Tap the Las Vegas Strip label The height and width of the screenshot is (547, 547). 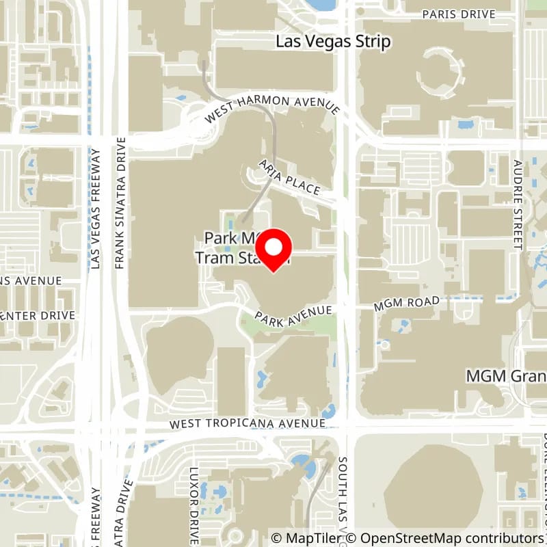tap(333, 42)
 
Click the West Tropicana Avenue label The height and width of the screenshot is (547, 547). tap(248, 424)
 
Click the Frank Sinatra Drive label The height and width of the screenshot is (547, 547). tap(121, 202)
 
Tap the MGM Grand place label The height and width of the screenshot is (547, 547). tap(506, 376)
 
